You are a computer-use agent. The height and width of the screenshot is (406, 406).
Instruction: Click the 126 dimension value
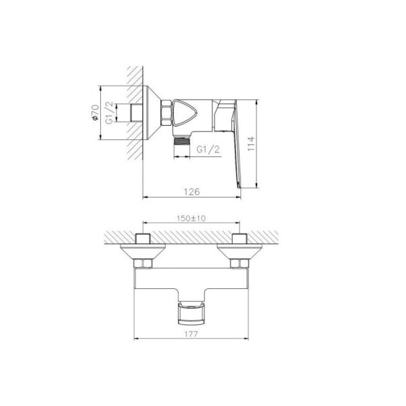pos(192,191)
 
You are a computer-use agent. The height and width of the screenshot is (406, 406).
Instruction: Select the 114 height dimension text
pos(251,144)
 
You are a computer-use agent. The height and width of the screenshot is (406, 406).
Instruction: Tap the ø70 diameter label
pos(95,112)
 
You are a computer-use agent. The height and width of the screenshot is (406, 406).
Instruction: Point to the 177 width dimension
pos(191,334)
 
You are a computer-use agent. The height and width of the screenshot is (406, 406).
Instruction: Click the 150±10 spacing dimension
pos(191,219)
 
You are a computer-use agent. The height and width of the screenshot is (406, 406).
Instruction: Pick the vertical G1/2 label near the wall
pos(109,112)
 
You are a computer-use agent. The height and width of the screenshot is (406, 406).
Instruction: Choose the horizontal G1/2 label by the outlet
pos(208,150)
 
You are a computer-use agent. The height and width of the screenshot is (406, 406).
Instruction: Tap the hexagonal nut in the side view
pos(167,113)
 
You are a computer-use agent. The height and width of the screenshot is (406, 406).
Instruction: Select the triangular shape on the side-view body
pos(185,113)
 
